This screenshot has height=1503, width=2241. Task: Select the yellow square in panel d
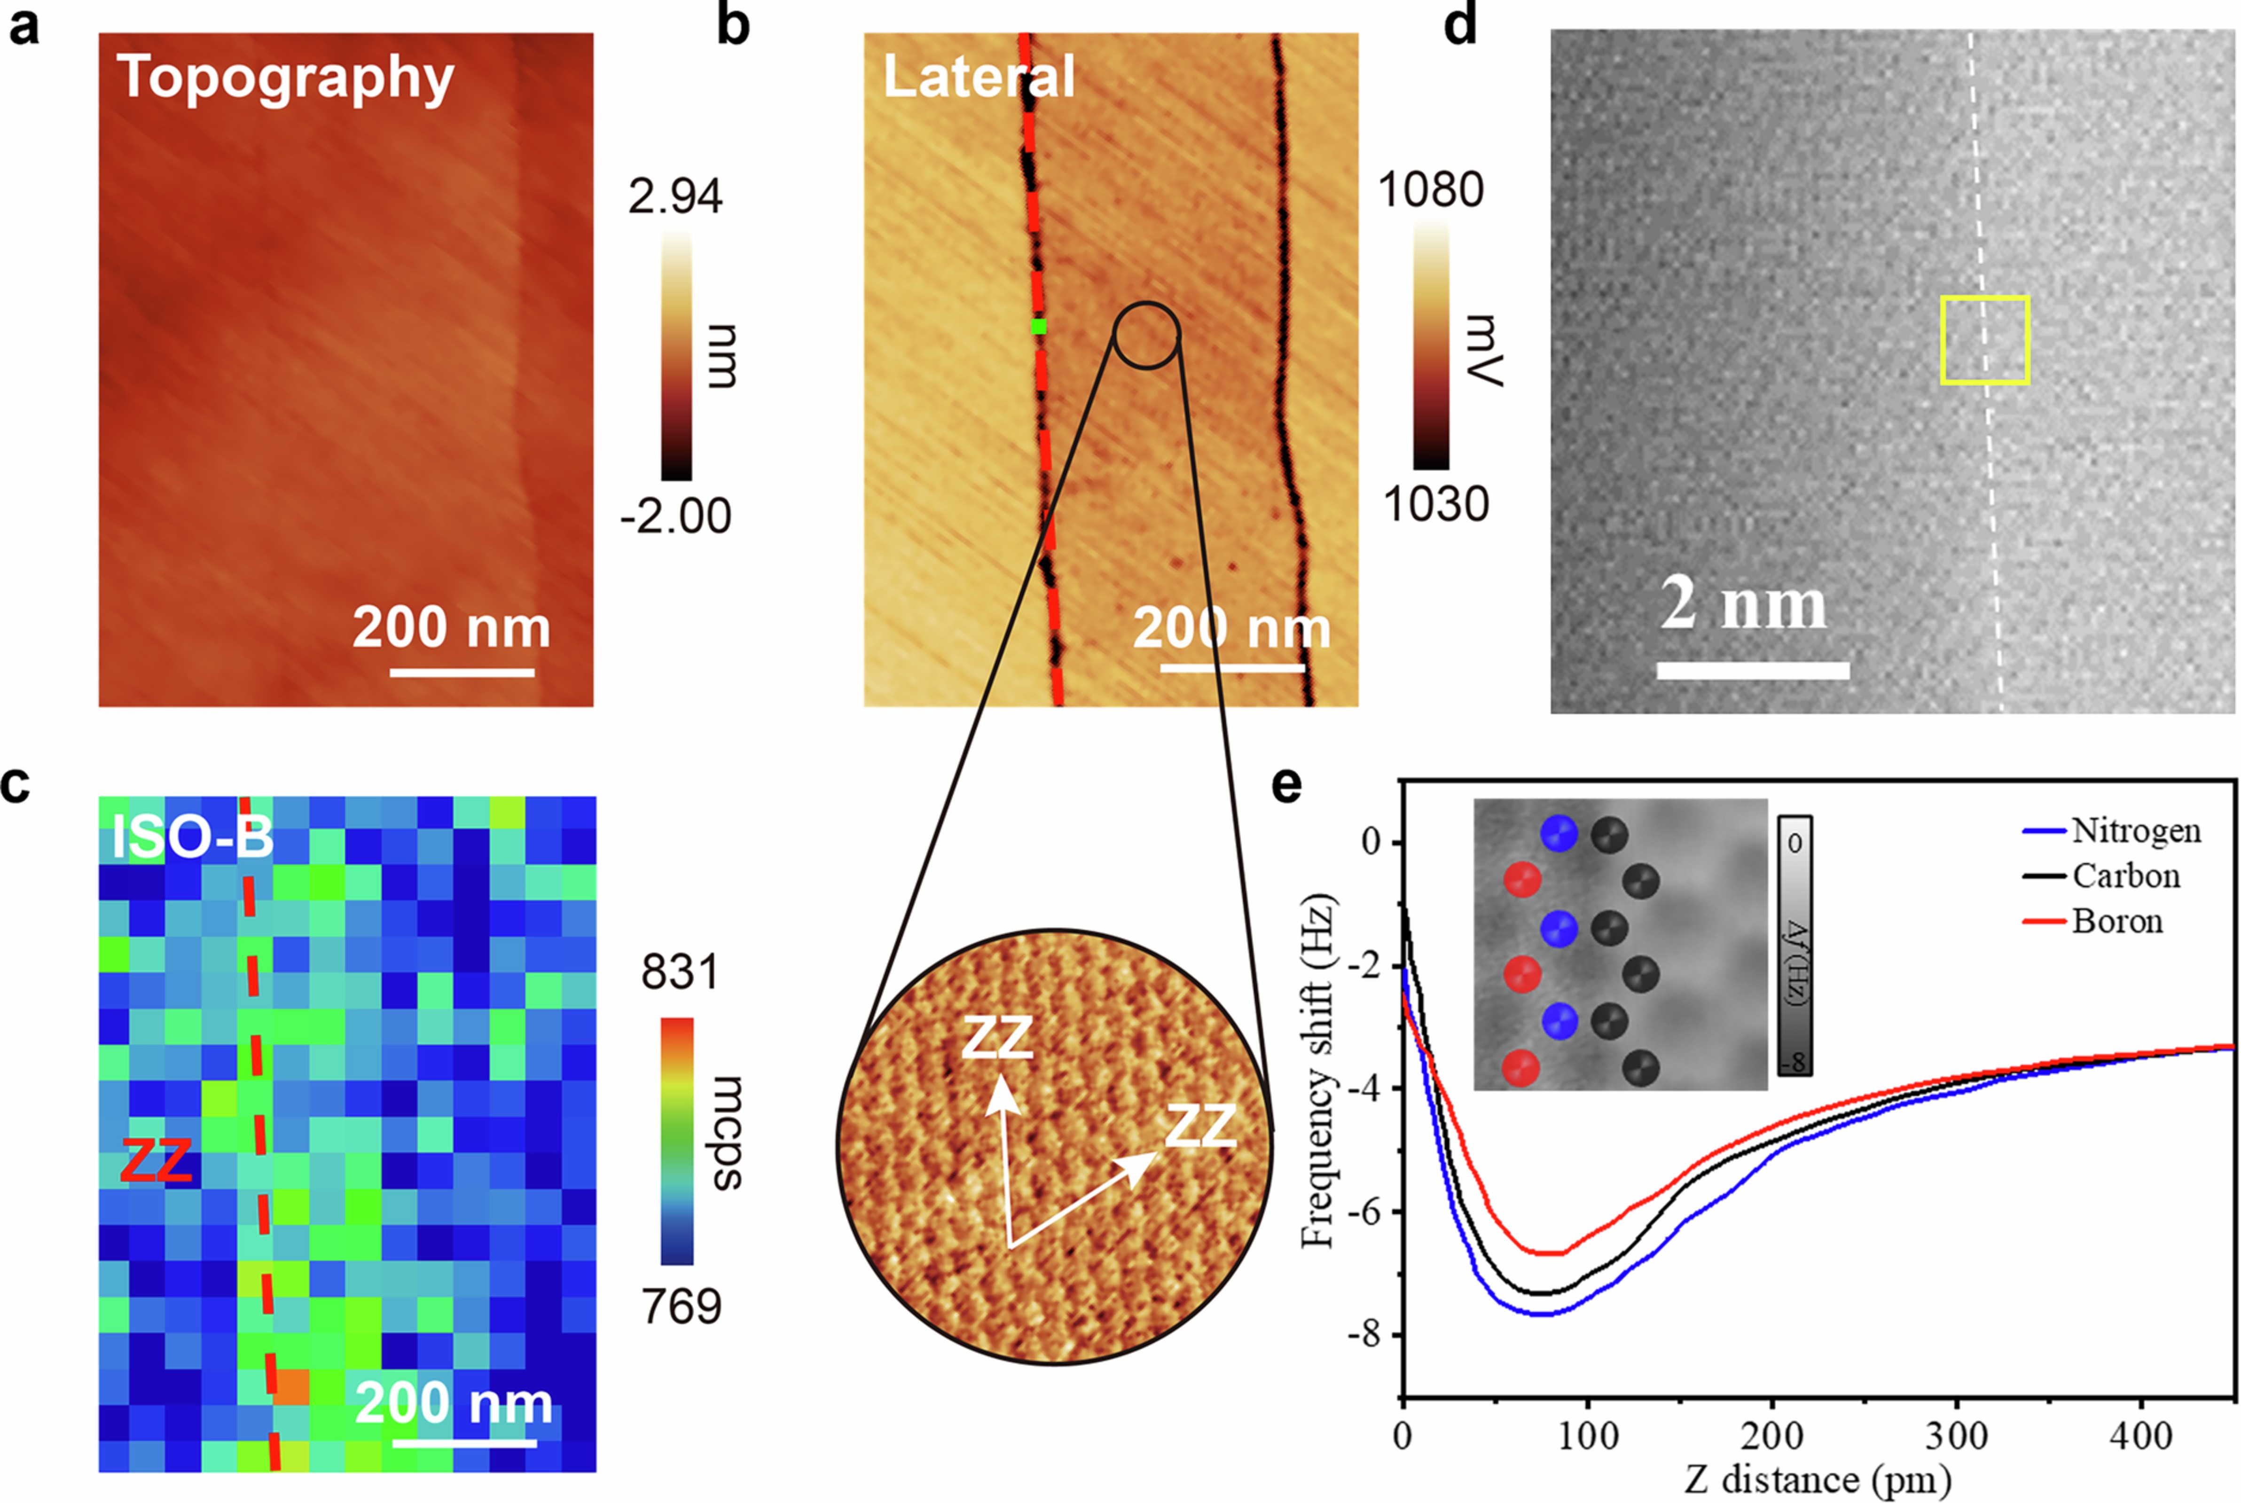(x=1985, y=340)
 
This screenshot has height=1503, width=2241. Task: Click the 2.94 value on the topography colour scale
(x=675, y=196)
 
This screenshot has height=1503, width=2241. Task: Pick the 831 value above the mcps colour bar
(x=680, y=973)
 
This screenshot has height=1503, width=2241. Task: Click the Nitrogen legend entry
(x=2136, y=830)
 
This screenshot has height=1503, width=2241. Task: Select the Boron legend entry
(x=2116, y=921)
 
